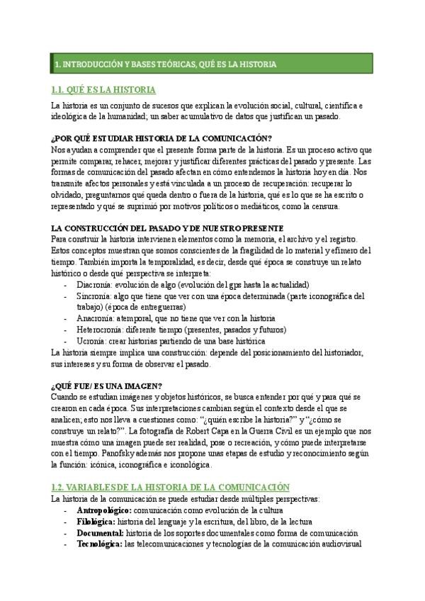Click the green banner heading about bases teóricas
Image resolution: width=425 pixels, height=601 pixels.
pos(166,64)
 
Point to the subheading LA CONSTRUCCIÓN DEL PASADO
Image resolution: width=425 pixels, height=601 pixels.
pos(167,228)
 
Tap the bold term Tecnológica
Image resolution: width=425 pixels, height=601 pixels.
pos(100,544)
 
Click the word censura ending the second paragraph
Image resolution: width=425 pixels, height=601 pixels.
pos(322,206)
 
